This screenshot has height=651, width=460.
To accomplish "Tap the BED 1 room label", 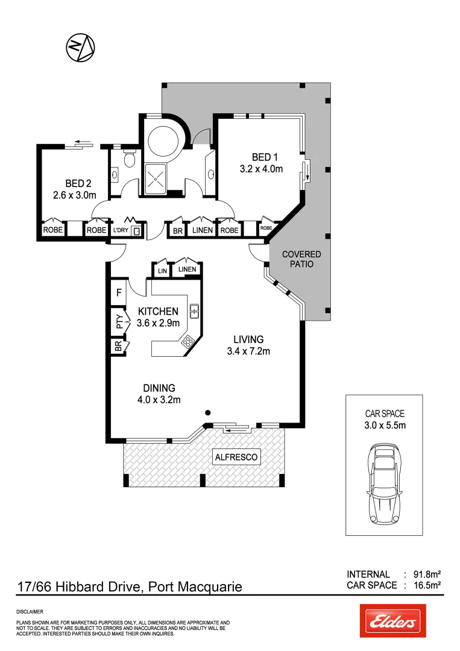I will tap(261, 163).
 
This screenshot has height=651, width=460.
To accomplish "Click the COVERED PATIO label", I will tap(301, 259).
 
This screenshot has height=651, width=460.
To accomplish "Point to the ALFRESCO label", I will tap(237, 458).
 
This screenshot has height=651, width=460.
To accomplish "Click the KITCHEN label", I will tap(158, 317).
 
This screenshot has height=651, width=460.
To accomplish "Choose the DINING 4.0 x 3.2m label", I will tap(159, 393).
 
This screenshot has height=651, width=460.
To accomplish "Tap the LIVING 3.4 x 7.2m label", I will tap(248, 345).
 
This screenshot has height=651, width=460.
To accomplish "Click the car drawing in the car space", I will tap(384, 485).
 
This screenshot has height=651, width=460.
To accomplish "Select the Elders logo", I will tap(392, 621).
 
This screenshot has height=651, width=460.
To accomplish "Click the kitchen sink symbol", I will tap(195, 312).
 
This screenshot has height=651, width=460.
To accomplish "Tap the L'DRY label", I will tap(121, 230).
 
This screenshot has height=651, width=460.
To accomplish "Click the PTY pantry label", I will tap(119, 320).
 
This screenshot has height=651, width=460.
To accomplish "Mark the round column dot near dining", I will tap(207, 413).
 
